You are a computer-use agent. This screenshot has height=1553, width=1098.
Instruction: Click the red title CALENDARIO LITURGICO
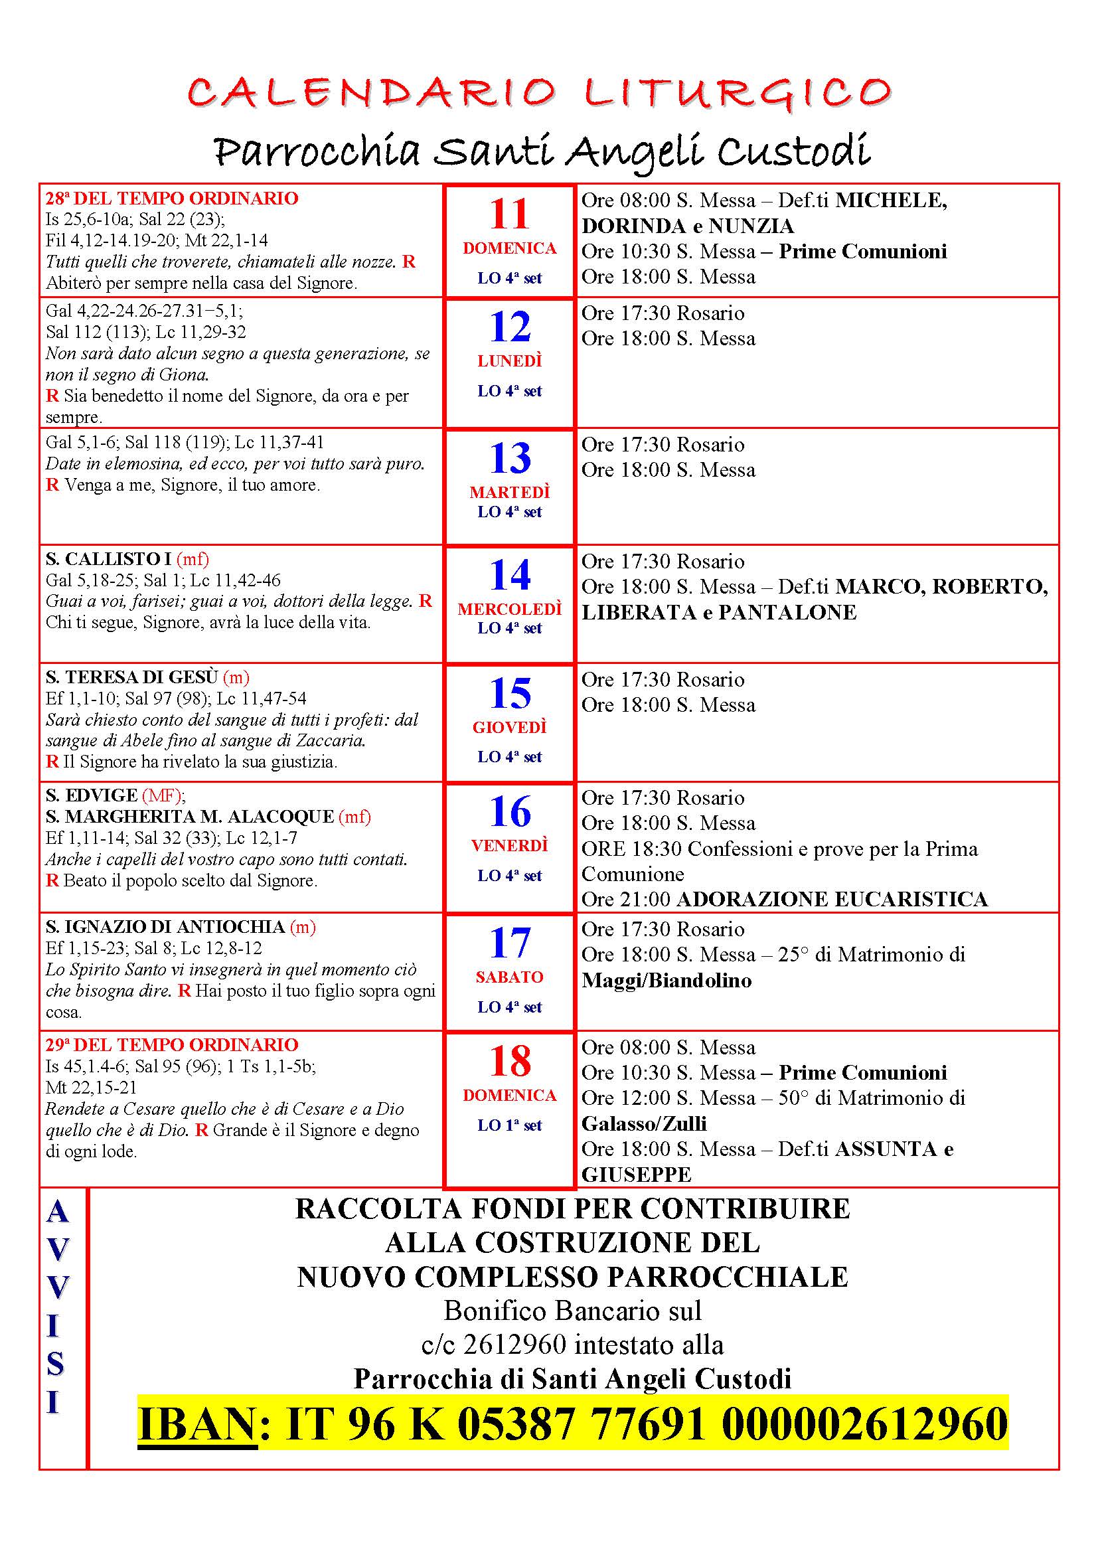[540, 93]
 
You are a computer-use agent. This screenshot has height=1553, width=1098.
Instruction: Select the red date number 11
[509, 214]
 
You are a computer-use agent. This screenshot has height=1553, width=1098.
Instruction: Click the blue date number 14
[509, 575]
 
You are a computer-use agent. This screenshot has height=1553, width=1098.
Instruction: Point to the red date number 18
[509, 1061]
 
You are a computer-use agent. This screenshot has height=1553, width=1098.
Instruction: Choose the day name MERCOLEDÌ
[509, 610]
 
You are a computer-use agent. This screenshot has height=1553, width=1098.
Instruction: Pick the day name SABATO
[509, 977]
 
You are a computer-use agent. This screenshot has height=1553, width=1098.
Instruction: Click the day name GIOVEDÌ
[509, 727]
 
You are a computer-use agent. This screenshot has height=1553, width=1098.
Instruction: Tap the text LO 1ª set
[509, 1125]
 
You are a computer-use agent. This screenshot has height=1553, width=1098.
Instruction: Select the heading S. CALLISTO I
[108, 559]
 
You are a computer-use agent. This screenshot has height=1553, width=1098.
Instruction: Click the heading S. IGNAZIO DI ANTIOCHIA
[165, 927]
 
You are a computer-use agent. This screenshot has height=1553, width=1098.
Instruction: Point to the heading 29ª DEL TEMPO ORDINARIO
[172, 1045]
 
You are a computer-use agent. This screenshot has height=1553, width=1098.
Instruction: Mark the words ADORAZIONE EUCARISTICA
[832, 899]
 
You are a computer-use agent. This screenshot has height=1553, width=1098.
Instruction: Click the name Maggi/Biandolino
[666, 980]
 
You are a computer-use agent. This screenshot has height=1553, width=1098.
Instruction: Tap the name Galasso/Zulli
[644, 1123]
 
